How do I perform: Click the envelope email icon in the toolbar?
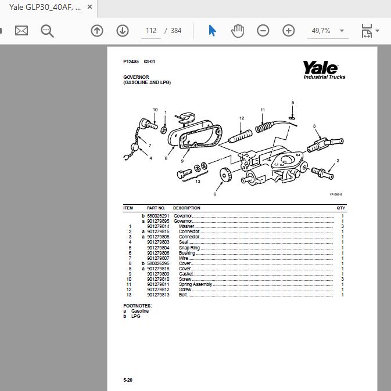tap(21, 31)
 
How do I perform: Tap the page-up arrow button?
tap(97, 31)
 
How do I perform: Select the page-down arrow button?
tap(122, 31)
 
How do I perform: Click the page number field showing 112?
tap(150, 31)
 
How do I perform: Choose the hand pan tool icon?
tap(237, 31)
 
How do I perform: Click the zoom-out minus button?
tap(263, 31)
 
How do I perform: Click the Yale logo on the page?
tap(324, 70)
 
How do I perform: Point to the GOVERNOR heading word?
tap(136, 77)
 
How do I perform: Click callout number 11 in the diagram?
tap(263, 110)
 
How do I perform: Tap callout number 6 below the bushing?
tap(214, 194)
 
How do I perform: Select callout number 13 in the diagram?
tap(198, 182)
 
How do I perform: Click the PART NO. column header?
tap(156, 208)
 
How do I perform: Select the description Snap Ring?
tap(189, 248)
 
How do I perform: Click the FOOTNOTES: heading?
tap(137, 305)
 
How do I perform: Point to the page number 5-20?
tap(128, 380)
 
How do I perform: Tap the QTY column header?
tap(340, 208)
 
